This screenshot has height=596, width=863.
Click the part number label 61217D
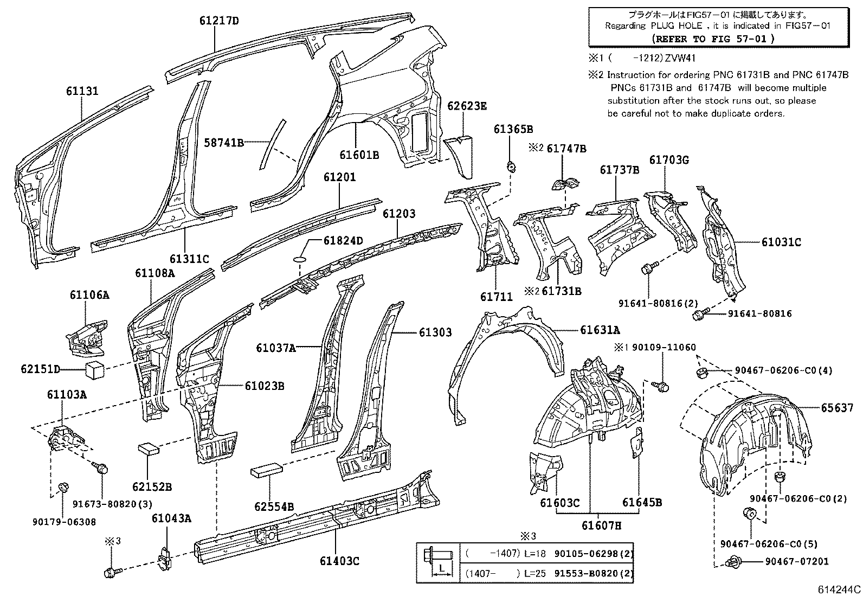tap(218, 21)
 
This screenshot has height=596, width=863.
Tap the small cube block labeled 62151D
tap(94, 371)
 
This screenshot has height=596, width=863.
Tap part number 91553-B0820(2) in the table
tap(594, 573)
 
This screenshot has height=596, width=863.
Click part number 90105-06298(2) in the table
tap(594, 553)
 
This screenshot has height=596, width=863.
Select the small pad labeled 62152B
tap(149, 448)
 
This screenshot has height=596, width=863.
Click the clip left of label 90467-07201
tap(735, 562)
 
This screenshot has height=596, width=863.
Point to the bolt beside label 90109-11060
tap(662, 386)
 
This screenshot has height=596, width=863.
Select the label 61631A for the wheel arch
tap(600, 330)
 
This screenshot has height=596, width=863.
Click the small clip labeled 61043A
tap(164, 555)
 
